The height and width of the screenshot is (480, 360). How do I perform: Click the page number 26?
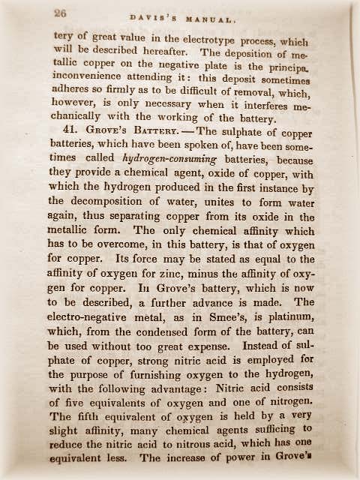coord(61,13)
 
